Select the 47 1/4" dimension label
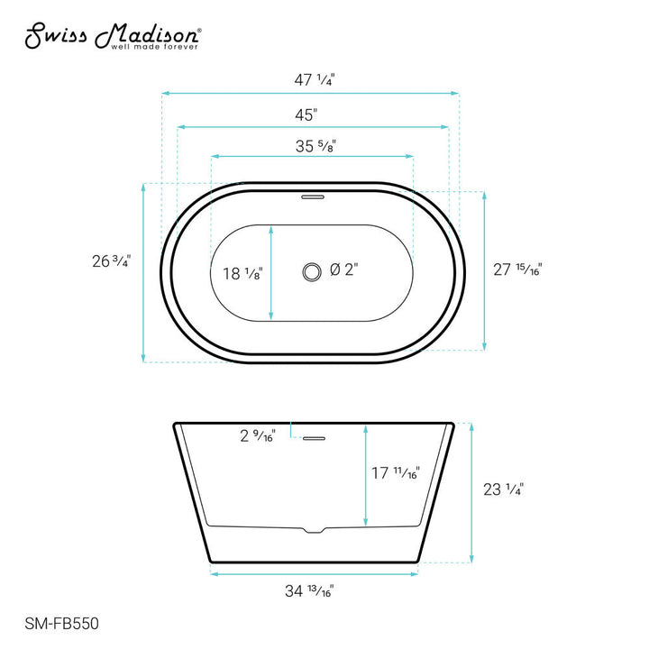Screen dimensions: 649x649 (x=312, y=79)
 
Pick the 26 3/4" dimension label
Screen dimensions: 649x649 (x=111, y=262)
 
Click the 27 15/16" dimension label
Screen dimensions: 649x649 (x=518, y=268)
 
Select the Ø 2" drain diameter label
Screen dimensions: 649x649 (x=345, y=270)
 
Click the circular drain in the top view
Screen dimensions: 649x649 (x=312, y=270)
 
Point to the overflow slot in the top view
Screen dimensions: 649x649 (x=313, y=194)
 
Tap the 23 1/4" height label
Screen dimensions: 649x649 (x=502, y=489)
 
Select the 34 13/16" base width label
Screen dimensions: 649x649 (x=309, y=591)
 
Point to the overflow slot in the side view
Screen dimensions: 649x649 (x=313, y=439)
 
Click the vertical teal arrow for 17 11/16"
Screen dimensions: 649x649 (x=365, y=475)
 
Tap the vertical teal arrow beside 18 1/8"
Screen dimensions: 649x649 (x=271, y=272)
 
